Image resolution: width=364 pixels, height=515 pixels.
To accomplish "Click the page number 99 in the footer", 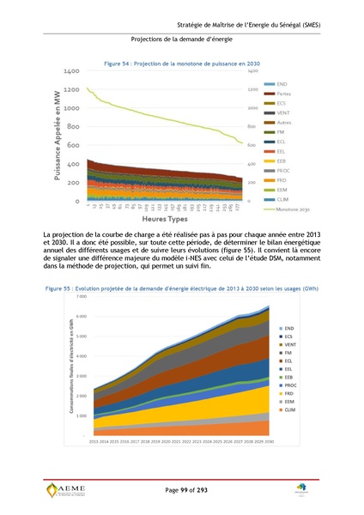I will click(182, 488).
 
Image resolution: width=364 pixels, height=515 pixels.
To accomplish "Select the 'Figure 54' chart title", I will click(181, 64).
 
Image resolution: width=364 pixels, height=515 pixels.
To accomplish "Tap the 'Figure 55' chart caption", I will click(181, 288).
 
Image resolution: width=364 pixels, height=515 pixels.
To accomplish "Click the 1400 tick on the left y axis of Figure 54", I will click(70, 71).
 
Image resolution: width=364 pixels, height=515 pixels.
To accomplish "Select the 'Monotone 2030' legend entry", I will click(296, 209).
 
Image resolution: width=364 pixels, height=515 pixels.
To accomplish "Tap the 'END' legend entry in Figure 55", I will click(288, 328).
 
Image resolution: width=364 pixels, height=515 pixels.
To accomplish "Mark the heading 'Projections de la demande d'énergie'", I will click(182, 39).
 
